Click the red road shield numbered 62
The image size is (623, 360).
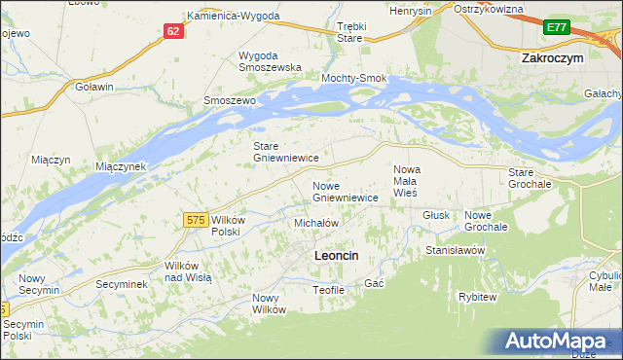[x=172, y=31]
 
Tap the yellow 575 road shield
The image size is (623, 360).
[x=195, y=221]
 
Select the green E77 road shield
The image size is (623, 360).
[x=557, y=28]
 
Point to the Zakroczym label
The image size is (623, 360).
[x=552, y=57]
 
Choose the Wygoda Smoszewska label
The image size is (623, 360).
[x=268, y=61]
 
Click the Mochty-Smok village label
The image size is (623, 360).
[x=354, y=78]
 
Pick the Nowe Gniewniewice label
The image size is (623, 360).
[x=345, y=191]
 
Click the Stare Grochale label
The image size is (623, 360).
[x=530, y=177]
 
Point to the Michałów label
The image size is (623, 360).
[x=315, y=223]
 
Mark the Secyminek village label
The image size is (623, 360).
[x=121, y=284]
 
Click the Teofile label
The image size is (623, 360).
[x=329, y=289]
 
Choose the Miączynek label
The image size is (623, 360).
[x=120, y=166]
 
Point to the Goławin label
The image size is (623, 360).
[x=94, y=86]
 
